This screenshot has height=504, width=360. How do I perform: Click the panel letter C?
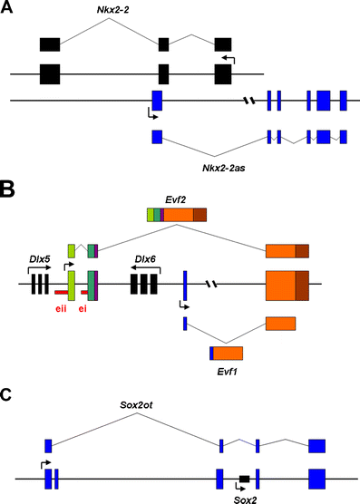[7, 395]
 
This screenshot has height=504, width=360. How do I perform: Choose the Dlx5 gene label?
[38, 260]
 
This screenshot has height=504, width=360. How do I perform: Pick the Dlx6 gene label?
[146, 260]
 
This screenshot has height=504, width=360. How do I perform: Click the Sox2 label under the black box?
[244, 497]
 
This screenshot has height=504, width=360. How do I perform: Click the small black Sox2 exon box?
[244, 478]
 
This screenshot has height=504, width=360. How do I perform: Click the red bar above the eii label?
[62, 293]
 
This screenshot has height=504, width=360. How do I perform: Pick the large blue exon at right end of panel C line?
[316, 478]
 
